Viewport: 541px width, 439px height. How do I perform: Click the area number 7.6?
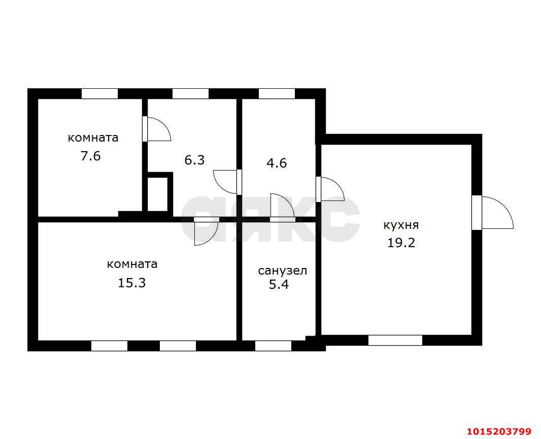click(91, 156)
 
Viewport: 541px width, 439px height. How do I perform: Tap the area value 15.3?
click(132, 283)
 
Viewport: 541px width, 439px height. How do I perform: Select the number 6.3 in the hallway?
click(194, 160)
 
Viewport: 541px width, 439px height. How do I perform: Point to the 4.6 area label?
click(277, 163)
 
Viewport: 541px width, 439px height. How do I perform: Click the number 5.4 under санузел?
click(279, 284)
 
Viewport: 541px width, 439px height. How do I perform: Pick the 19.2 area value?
click(401, 243)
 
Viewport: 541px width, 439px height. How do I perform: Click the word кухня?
click(401, 225)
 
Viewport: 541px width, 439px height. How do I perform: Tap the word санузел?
click(282, 271)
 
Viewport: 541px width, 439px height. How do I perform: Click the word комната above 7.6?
click(93, 138)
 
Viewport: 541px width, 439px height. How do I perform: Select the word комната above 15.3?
click(132, 264)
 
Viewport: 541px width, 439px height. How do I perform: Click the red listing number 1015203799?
click(499, 431)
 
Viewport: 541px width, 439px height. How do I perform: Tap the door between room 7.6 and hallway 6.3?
click(156, 129)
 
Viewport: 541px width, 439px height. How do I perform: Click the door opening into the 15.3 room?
click(206, 231)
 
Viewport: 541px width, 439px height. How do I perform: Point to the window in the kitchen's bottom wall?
click(395, 340)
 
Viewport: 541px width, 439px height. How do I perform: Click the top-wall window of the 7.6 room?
click(99, 94)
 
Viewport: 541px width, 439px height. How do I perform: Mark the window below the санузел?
click(273, 346)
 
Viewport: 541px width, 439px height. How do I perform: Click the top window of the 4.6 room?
click(277, 94)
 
